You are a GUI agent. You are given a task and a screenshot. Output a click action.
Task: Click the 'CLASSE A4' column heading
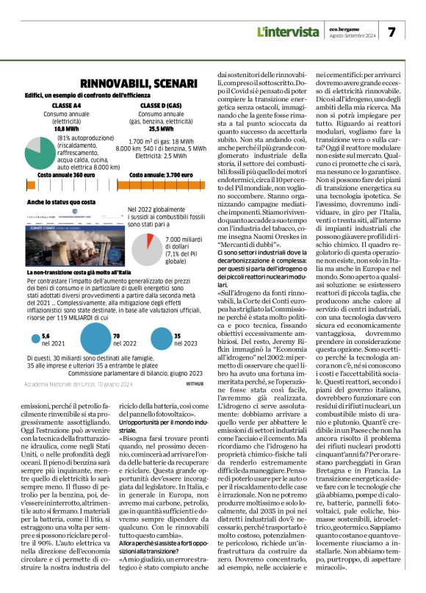tap(67, 106)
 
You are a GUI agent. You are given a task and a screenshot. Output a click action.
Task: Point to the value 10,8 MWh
tap(66, 128)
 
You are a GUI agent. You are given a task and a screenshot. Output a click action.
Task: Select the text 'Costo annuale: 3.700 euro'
tap(159, 175)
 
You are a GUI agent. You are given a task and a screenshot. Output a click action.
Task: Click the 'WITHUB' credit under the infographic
tap(195, 383)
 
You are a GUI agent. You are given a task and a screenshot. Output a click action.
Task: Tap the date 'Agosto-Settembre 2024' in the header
tap(355, 36)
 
